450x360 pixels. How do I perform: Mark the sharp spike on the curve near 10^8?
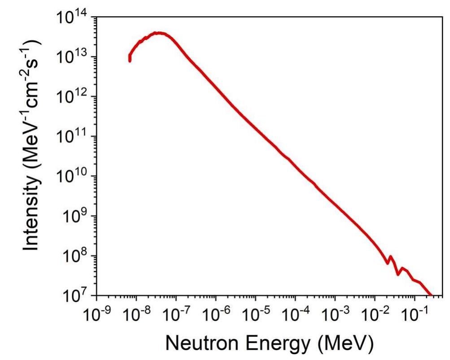pos(390,256)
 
